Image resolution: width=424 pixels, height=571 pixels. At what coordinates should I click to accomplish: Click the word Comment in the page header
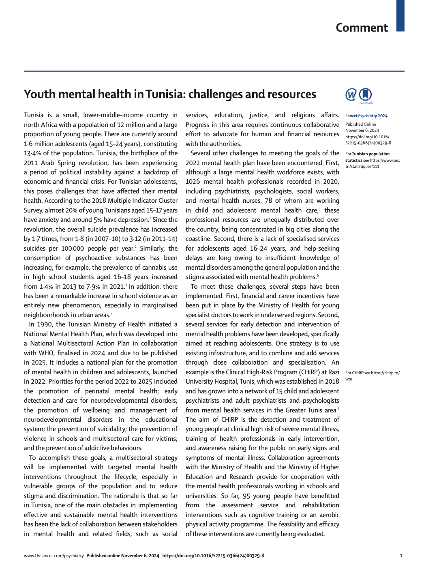[362, 28]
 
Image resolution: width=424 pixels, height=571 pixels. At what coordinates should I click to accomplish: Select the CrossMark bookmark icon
[365, 94]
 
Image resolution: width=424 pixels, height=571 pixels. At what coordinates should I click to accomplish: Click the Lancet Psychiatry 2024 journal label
[366, 116]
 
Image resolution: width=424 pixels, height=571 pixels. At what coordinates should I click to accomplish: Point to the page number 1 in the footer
[401, 556]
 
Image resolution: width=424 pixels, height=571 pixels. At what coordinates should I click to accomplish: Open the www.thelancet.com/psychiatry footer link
[54, 556]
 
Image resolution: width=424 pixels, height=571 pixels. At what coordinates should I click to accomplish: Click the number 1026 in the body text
[193, 182]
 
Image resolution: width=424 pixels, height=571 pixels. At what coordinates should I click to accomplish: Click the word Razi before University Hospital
[334, 372]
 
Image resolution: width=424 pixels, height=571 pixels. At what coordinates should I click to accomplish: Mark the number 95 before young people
[246, 496]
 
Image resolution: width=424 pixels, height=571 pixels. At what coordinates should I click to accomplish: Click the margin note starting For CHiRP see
[372, 376]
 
